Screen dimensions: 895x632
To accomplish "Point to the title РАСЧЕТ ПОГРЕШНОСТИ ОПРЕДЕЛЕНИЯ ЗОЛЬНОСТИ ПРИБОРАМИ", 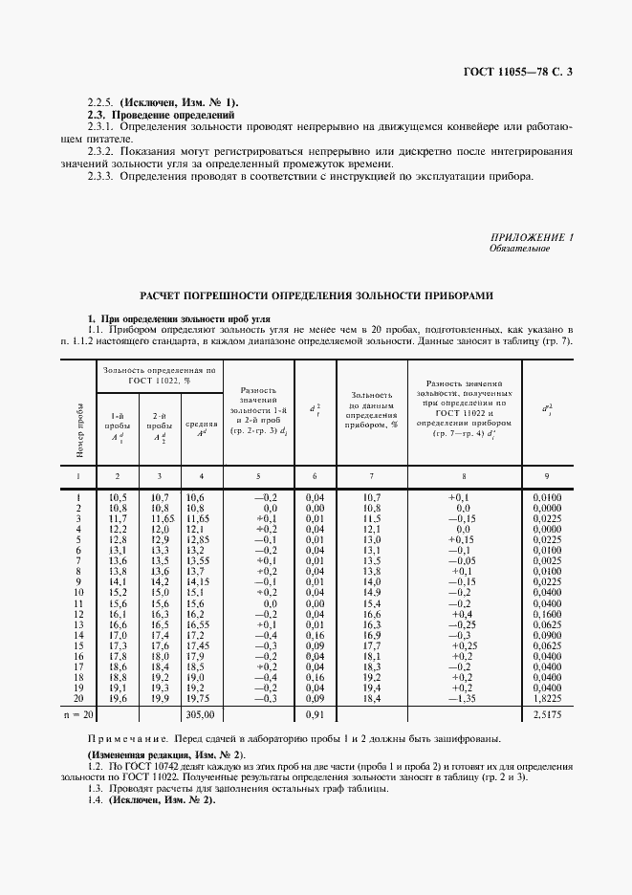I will point(316,296).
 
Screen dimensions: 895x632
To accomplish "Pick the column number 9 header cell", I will point(546,475).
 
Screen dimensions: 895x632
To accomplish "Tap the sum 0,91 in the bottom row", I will point(314,713).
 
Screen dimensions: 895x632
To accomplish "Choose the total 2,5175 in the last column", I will point(546,713).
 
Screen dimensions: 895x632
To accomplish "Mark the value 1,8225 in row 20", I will point(546,698).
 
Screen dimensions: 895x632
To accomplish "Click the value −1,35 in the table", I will point(463,698).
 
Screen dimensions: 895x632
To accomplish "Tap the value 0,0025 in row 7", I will point(546,561).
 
